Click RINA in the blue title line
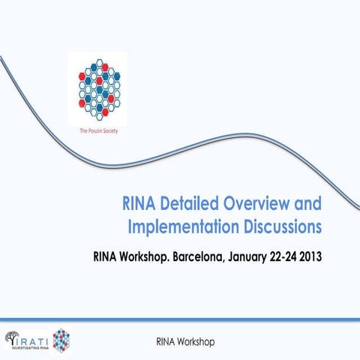(140, 203)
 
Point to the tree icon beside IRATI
(13, 338)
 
